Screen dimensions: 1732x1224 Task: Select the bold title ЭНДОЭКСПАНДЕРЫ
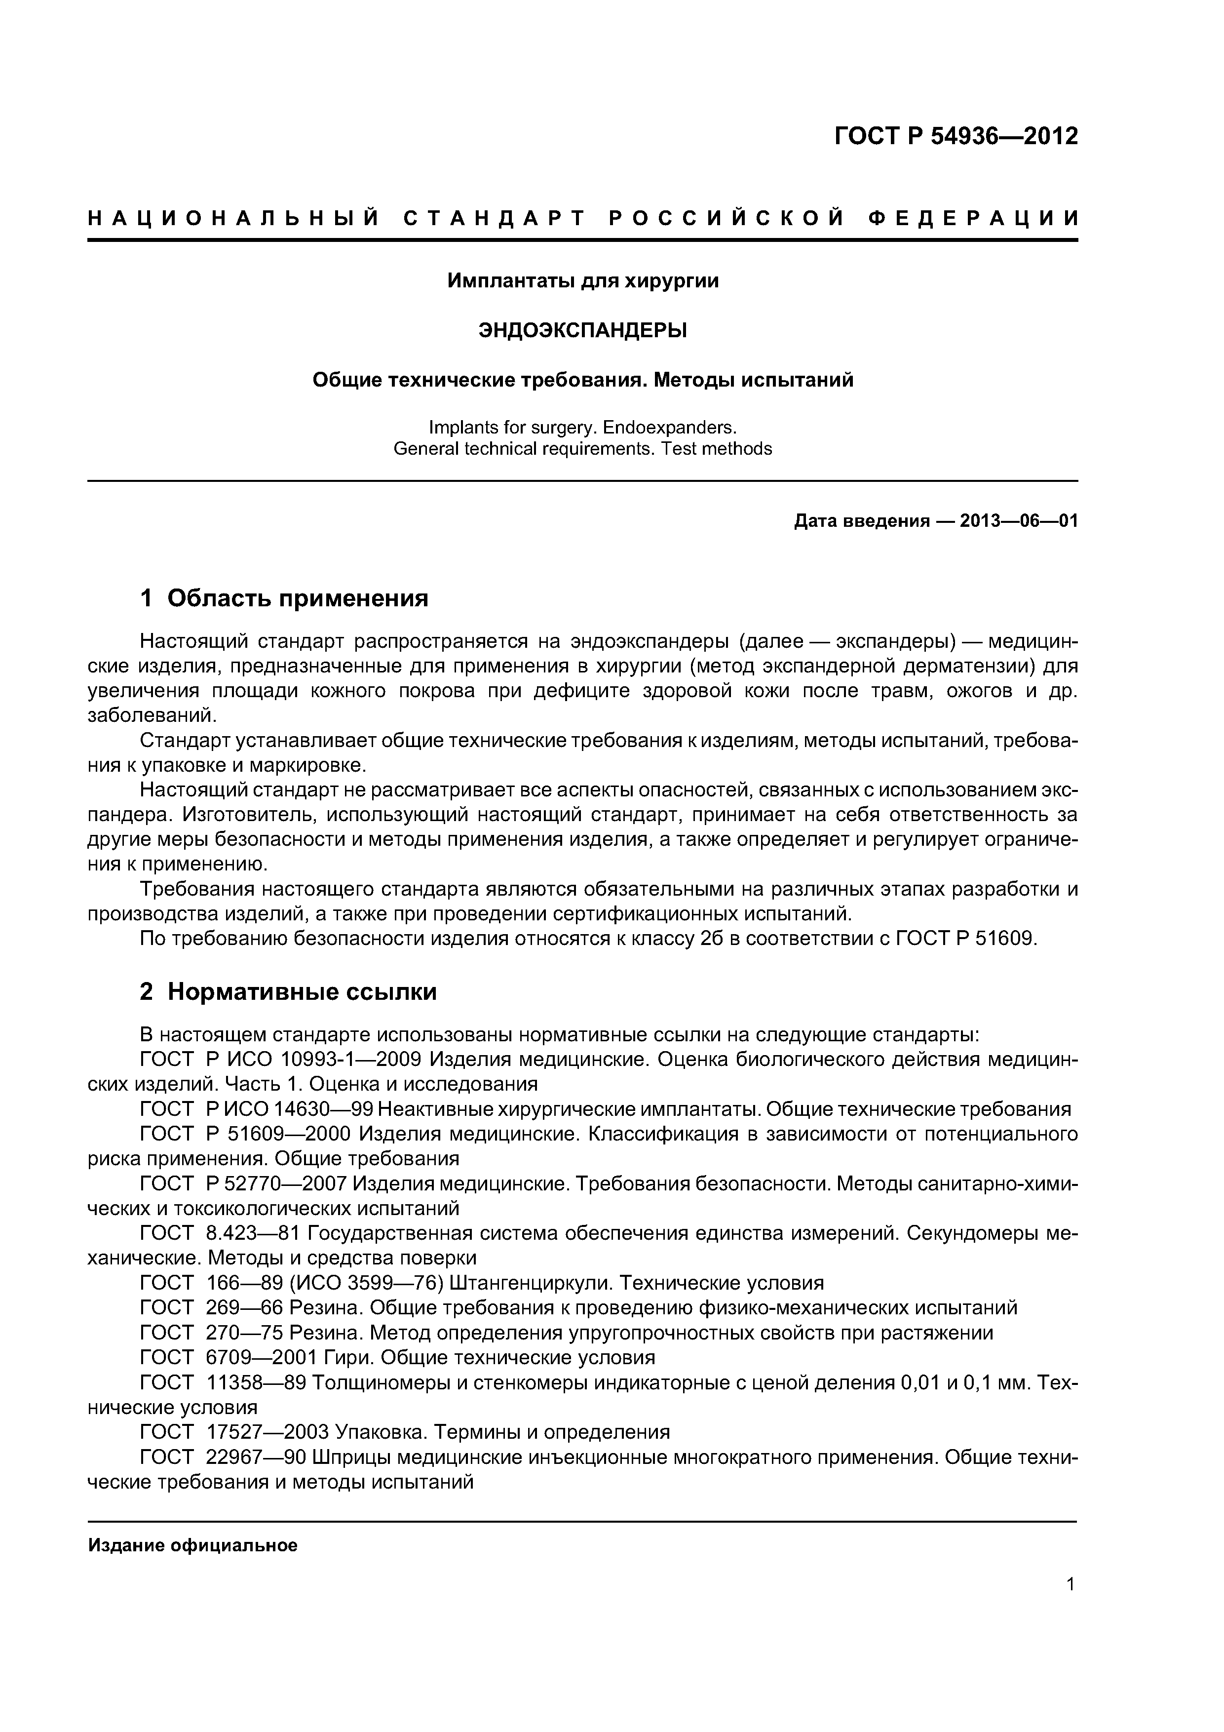pyautogui.click(x=583, y=330)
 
